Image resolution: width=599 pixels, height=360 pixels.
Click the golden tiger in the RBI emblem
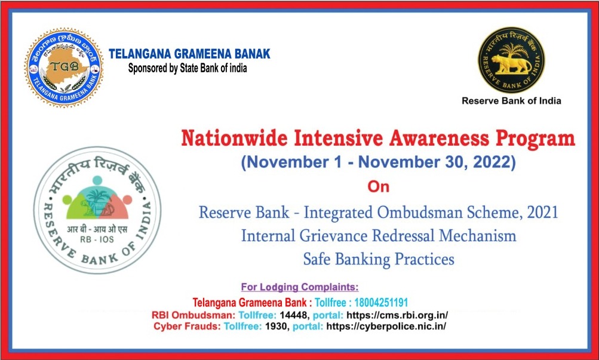511,64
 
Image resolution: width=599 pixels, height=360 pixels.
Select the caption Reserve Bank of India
512,101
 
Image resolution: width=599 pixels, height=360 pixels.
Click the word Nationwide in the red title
234,138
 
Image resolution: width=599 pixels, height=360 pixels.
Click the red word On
378,187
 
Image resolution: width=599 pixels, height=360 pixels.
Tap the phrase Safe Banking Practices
379,259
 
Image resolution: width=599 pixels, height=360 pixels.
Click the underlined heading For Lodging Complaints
300,287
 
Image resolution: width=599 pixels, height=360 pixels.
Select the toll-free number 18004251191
381,303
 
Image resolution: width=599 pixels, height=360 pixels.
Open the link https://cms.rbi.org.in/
397,316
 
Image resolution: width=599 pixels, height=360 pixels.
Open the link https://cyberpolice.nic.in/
386,327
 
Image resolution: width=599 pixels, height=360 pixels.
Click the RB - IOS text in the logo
97,240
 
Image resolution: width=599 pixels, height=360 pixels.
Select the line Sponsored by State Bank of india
188,68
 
